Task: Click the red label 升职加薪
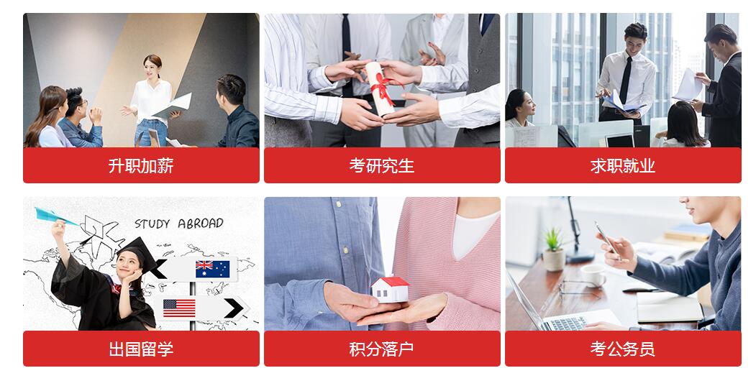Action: pyautogui.click(x=141, y=165)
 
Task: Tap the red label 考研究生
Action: pyautogui.click(x=382, y=165)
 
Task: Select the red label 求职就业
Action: pyautogui.click(x=623, y=165)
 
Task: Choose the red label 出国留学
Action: pyautogui.click(x=141, y=349)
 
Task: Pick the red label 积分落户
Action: pyautogui.click(x=382, y=349)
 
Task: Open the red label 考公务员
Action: pyautogui.click(x=623, y=349)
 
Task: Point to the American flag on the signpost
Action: pyautogui.click(x=179, y=308)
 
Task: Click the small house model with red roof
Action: pyautogui.click(x=390, y=289)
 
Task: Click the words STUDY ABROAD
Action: pyautogui.click(x=179, y=224)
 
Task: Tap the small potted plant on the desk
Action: pyautogui.click(x=554, y=249)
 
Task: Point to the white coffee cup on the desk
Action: pyautogui.click(x=593, y=275)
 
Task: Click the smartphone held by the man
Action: pyautogui.click(x=607, y=240)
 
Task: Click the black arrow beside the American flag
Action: pyautogui.click(x=234, y=308)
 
